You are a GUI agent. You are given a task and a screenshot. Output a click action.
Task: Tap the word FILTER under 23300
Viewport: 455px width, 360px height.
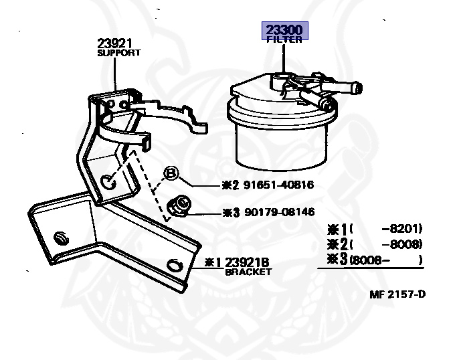283,40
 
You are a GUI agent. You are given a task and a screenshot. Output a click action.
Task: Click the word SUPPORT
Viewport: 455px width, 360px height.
119,53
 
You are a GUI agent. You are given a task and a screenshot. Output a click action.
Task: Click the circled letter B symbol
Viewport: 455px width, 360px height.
171,174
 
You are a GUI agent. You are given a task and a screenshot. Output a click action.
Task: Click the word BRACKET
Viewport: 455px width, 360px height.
248,272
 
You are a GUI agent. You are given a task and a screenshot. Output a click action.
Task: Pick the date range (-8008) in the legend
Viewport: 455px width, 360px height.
387,244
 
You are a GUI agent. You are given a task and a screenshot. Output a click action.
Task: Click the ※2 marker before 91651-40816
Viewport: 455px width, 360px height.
230,185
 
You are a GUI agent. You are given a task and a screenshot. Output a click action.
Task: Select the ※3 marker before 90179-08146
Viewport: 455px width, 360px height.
230,212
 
